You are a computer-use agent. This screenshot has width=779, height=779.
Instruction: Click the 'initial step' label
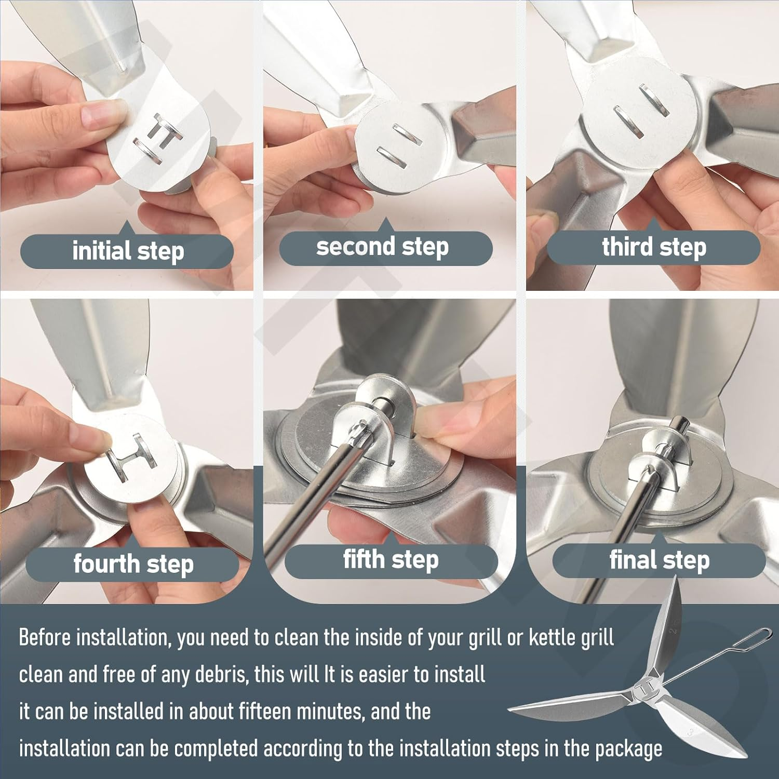127,251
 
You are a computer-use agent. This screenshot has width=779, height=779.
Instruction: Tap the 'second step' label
383,247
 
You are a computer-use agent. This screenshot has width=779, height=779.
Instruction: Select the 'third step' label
654,247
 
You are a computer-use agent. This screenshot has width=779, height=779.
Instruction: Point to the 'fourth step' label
133,564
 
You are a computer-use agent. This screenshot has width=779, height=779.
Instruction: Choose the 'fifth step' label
391,560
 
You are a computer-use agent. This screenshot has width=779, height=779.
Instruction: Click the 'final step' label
659,560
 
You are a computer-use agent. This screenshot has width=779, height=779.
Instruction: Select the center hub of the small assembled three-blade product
647,690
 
